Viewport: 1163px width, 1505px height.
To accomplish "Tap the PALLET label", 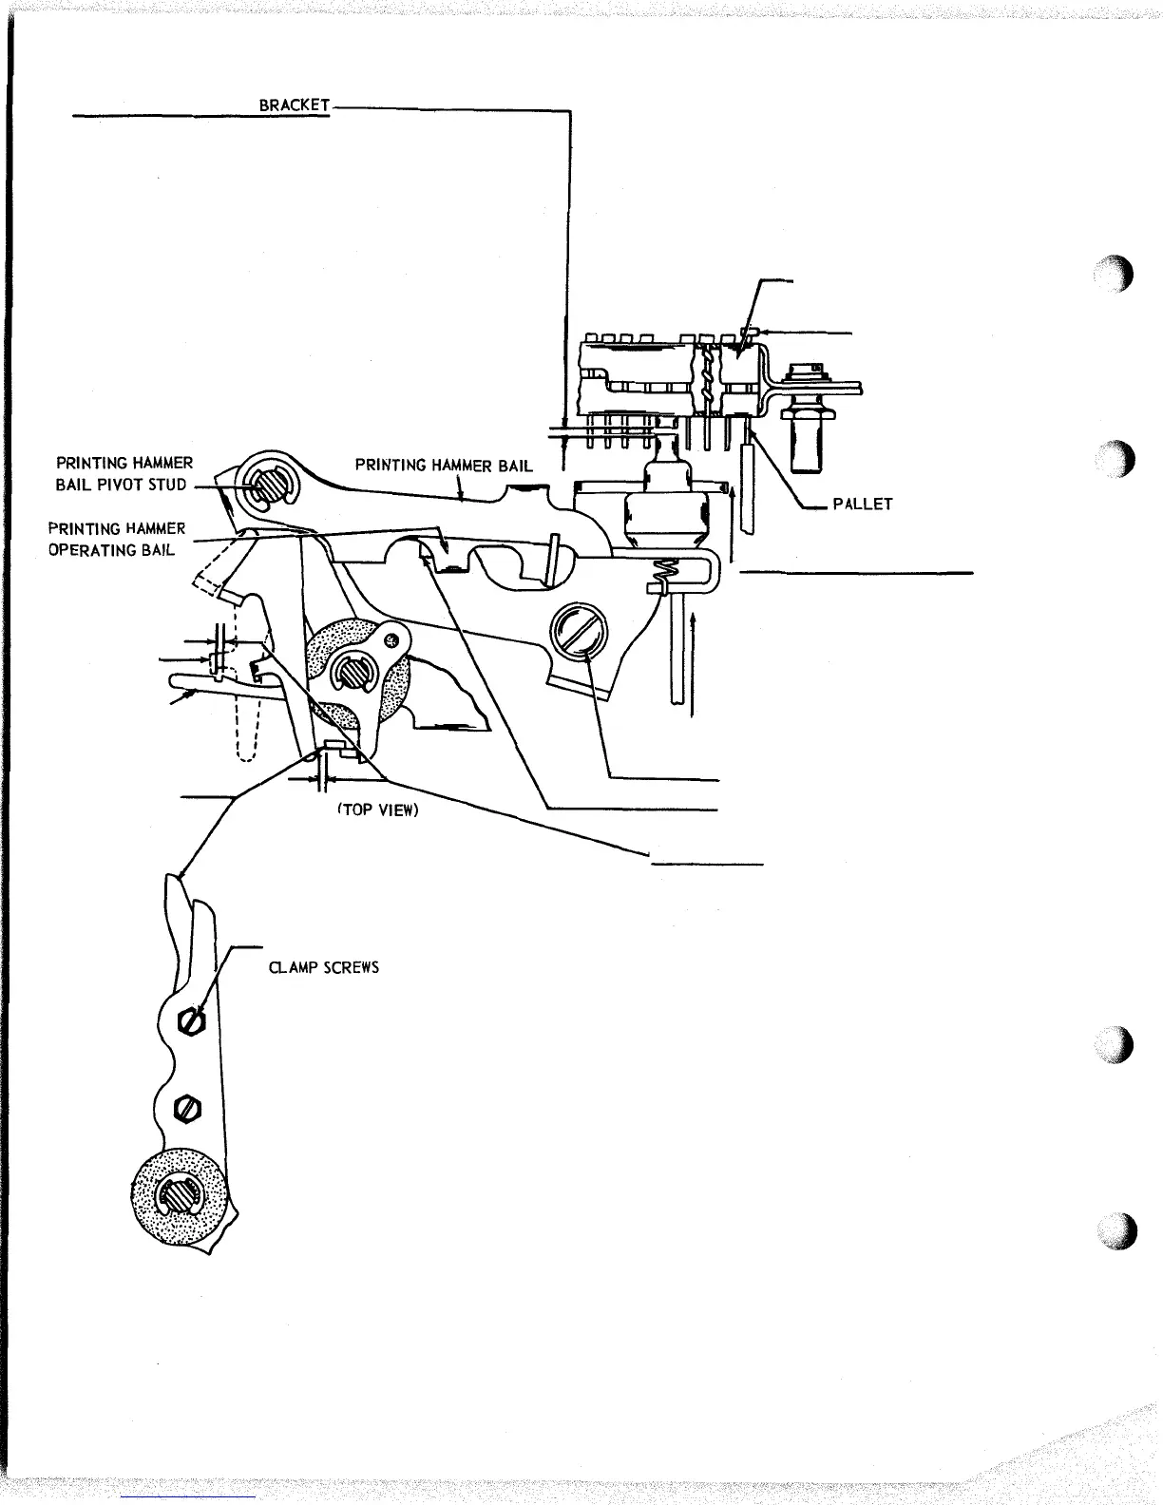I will pos(862,504).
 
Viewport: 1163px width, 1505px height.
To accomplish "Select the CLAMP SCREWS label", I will pos(324,967).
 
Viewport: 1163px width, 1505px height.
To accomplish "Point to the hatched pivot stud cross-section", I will pos(260,483).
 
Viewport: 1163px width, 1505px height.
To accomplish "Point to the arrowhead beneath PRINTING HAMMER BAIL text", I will pos(462,496).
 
